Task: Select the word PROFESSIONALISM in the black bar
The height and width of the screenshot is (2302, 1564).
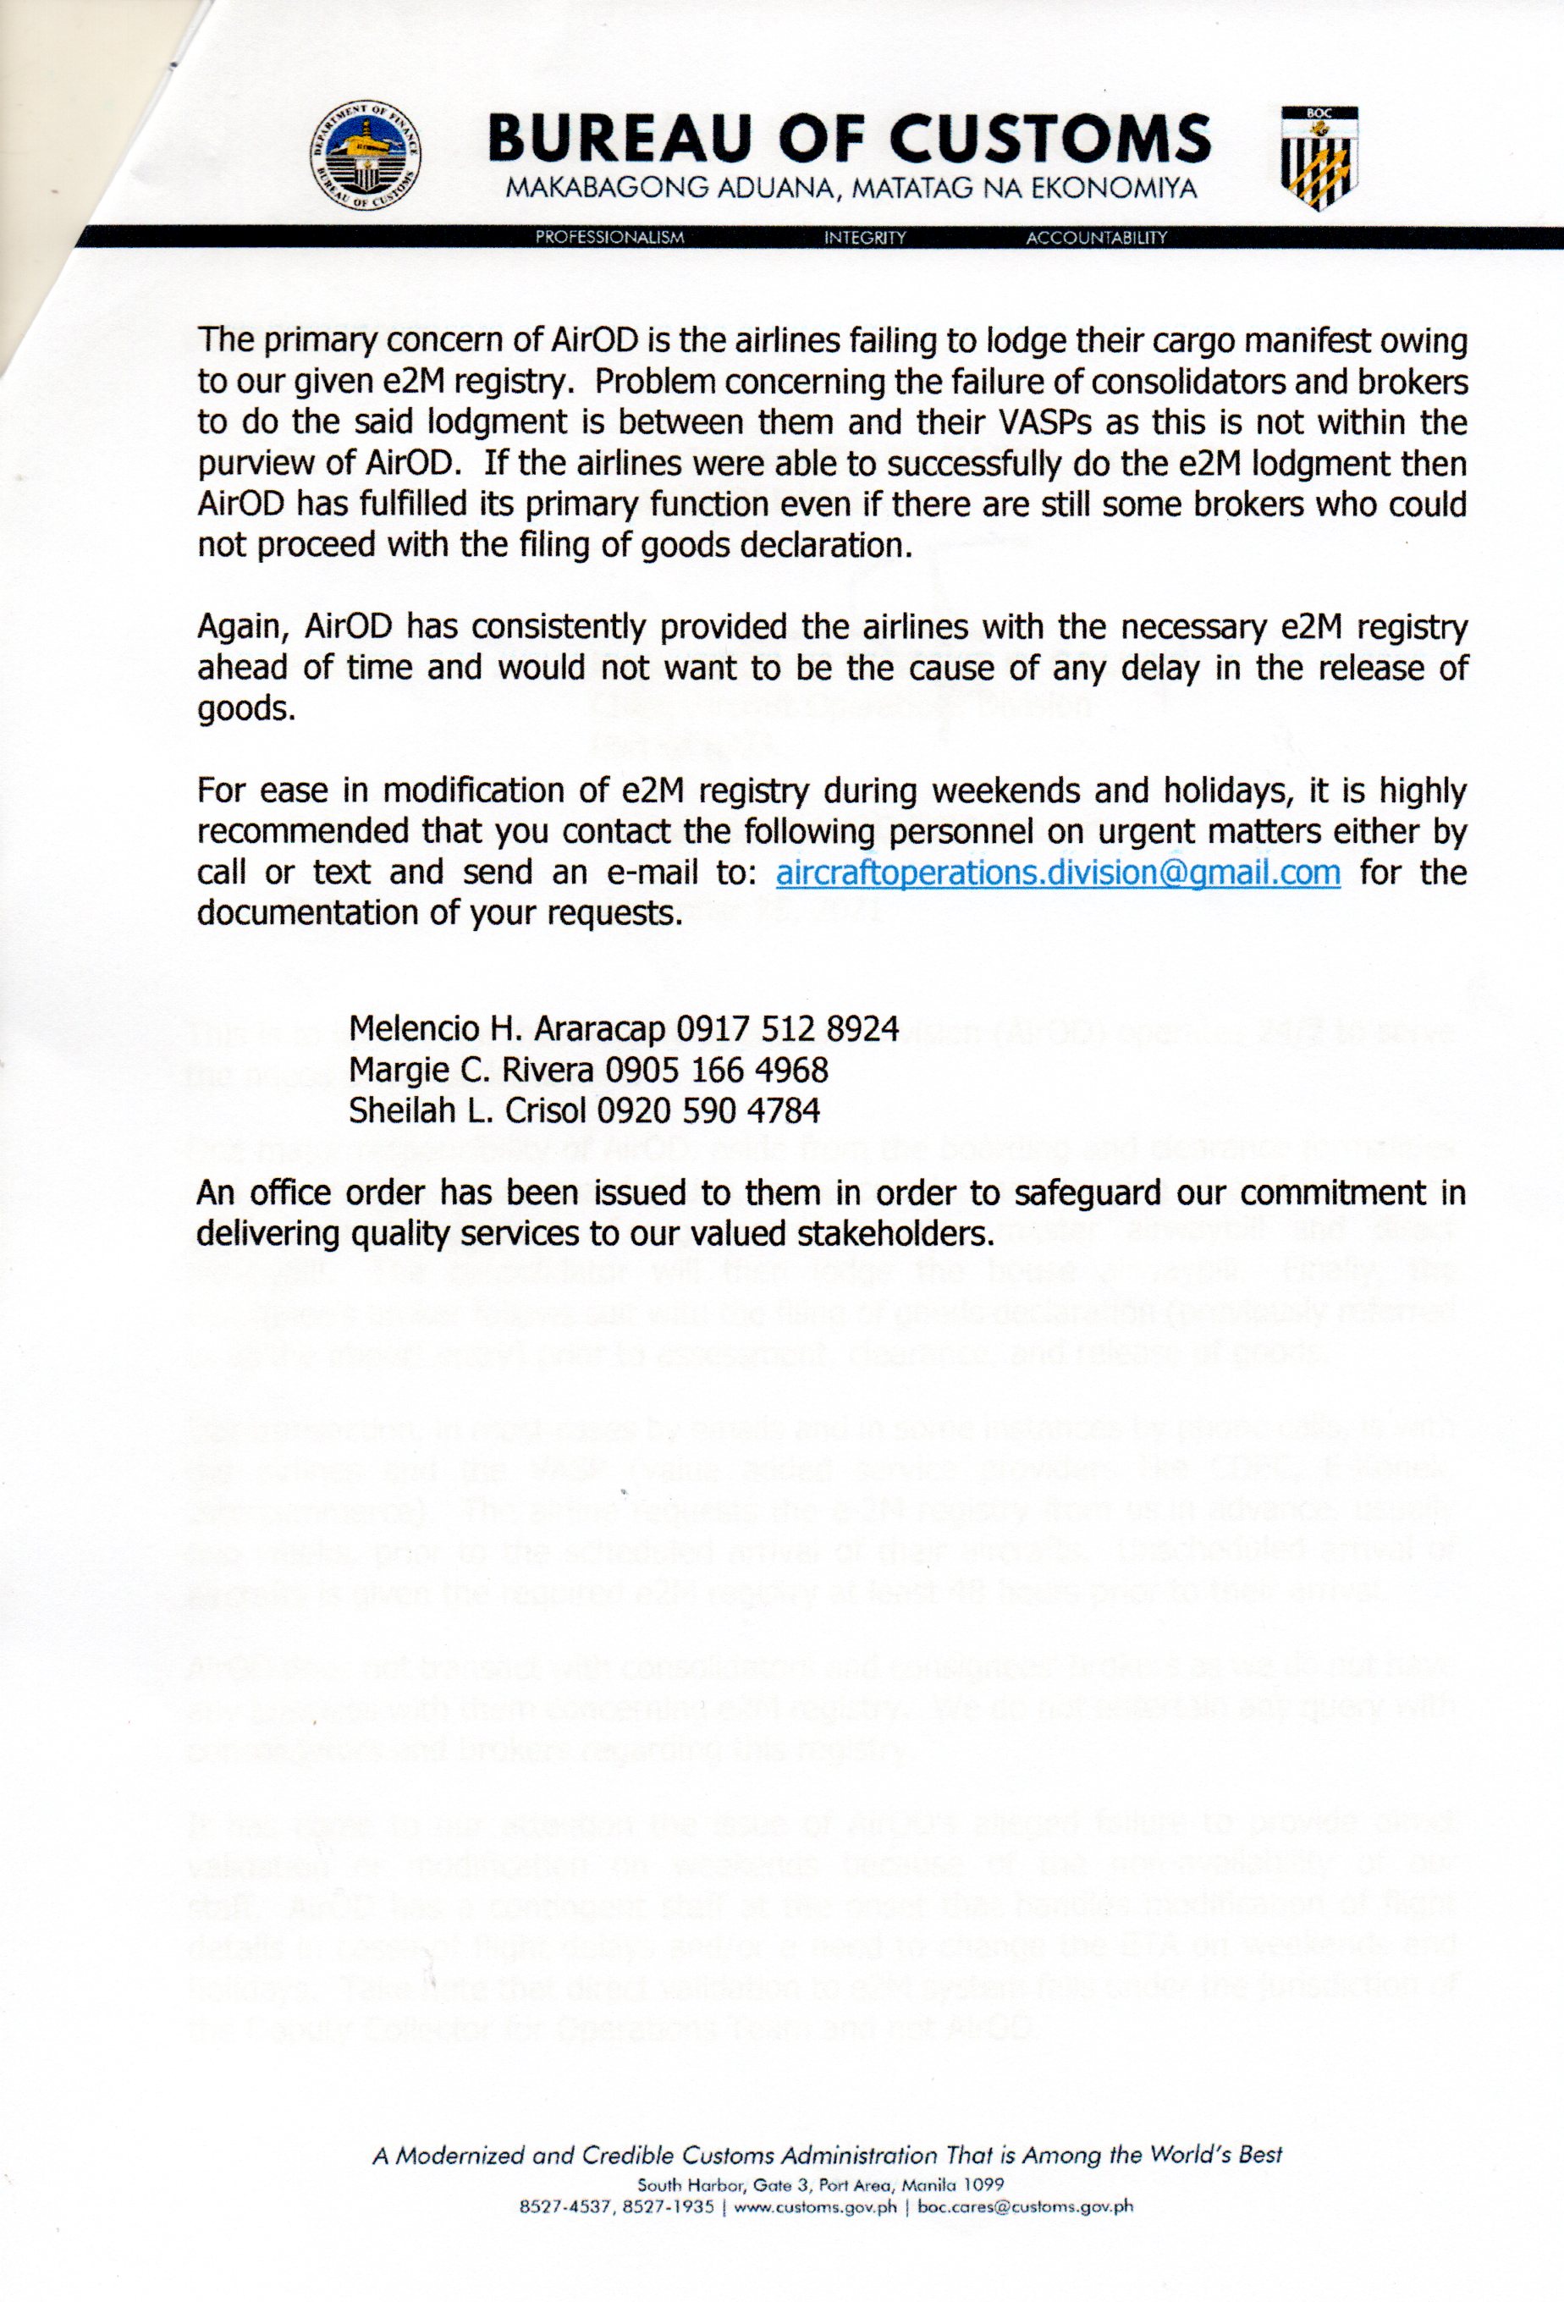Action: pyautogui.click(x=609, y=238)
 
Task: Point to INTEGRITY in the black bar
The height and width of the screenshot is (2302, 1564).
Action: pyautogui.click(x=865, y=238)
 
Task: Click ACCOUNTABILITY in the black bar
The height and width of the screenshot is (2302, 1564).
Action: pyautogui.click(x=1097, y=238)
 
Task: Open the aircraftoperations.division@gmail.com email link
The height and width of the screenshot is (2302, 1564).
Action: pyautogui.click(x=1058, y=873)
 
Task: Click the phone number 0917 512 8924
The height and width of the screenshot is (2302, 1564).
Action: pyautogui.click(x=787, y=1029)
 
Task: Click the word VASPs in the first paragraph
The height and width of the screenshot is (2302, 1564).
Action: pyautogui.click(x=1041, y=423)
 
